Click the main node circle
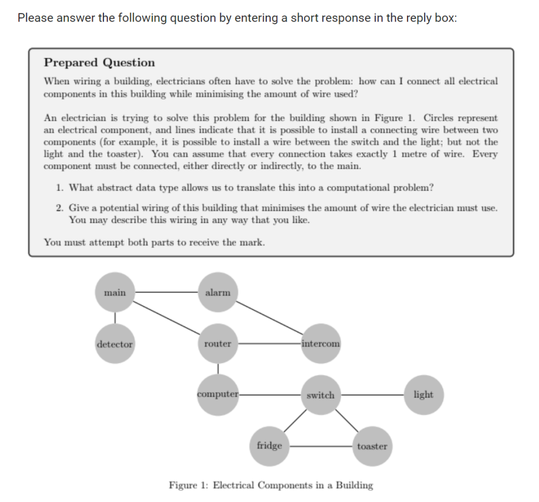click(115, 292)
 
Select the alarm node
click(218, 292)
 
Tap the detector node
click(115, 344)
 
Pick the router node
click(218, 344)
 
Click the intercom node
click(321, 344)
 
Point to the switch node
click(321, 395)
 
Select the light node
click(423, 395)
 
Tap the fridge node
click(269, 446)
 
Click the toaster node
click(372, 446)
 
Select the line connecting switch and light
click(372, 395)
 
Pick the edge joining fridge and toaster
click(321, 446)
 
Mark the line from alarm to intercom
click(269, 318)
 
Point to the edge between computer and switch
click(269, 395)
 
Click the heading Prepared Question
click(99, 62)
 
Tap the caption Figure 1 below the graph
click(271, 485)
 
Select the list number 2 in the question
click(59, 207)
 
